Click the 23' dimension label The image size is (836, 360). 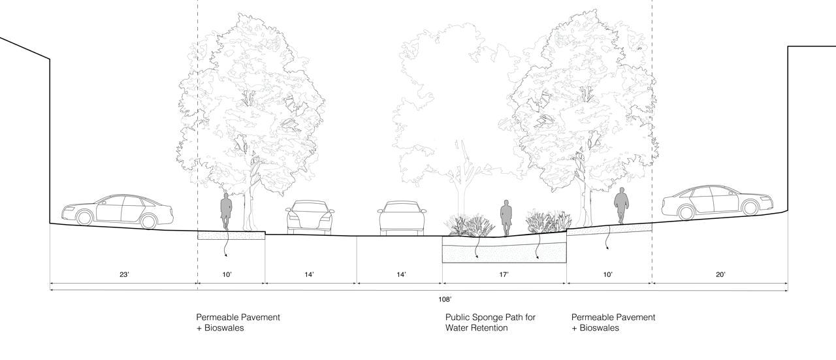click(124, 275)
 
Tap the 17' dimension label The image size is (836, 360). click(504, 275)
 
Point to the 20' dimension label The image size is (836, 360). click(720, 275)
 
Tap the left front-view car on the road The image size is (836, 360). click(310, 216)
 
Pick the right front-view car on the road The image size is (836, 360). click(402, 216)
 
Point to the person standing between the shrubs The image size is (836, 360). click(506, 218)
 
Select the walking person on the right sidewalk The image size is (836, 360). click(621, 205)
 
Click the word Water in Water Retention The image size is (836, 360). click(458, 328)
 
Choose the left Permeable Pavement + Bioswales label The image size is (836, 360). click(238, 322)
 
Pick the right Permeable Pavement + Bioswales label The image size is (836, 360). click(613, 322)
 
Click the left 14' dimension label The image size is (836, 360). click(309, 275)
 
